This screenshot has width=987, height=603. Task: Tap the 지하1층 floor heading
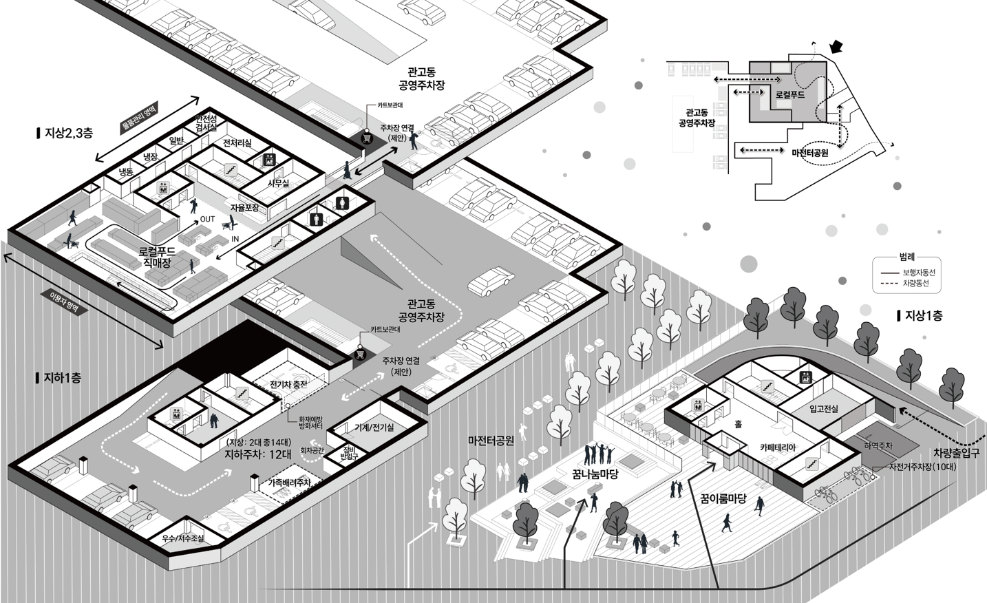point(63,378)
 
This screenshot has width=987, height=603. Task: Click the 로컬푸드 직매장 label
point(158,257)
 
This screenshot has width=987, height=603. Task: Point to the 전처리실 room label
point(237,143)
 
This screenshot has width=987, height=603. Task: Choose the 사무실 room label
point(278,184)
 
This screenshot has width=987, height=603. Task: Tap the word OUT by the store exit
point(207,220)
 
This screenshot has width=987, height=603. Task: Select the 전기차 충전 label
point(288,384)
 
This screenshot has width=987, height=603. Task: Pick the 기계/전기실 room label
point(374,427)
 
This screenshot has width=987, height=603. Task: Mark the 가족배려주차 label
point(290,483)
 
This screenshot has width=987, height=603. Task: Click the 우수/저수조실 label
point(183,538)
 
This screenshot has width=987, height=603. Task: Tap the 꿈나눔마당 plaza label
point(595,474)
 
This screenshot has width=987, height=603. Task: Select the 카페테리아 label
point(778,447)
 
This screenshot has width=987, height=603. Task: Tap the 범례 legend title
point(906,257)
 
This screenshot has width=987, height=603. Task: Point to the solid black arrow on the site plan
point(836,47)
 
